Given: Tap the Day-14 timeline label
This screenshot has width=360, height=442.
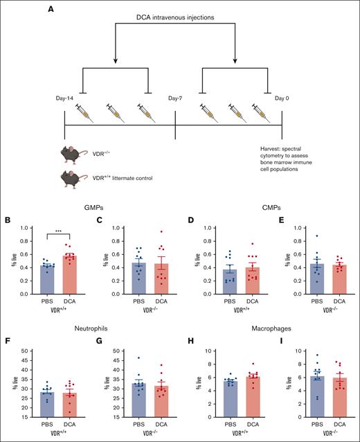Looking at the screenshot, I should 65,99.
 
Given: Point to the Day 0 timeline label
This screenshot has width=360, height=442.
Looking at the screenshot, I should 285,99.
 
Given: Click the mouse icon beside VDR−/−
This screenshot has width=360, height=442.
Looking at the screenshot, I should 73,153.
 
